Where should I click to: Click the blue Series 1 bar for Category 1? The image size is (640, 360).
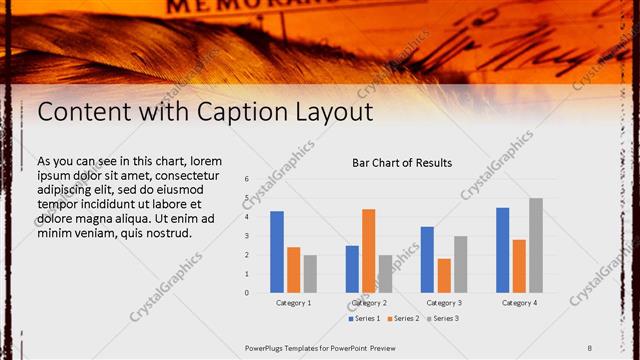277,252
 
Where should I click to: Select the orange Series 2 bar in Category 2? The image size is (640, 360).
369,251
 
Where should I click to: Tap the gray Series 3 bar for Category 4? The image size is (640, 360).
536,245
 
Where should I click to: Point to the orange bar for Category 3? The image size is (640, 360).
444,276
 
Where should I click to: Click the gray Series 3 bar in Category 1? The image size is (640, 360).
310,274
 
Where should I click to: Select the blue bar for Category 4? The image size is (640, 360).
503,250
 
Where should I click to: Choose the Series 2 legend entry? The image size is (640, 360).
402,319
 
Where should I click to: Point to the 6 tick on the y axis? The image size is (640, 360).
246,179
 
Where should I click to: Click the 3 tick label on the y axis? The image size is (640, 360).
246,236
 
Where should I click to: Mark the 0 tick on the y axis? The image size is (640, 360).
246,293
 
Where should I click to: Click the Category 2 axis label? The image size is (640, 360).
369,302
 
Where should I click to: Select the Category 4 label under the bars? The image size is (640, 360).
519,302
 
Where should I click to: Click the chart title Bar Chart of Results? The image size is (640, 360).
402,162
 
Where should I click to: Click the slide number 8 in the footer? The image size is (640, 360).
590,348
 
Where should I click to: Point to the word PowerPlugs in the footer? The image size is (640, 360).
264,348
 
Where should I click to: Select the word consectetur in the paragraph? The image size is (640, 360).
190,175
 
